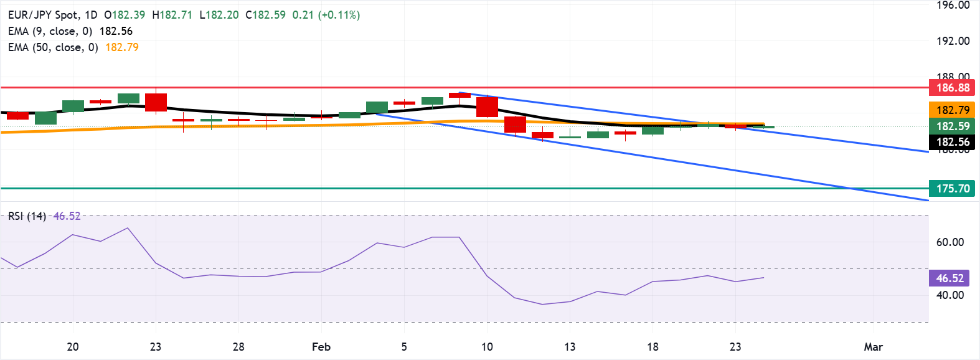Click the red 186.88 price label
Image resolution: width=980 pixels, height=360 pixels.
[x=952, y=88]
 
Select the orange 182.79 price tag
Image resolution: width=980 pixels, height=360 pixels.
[x=952, y=110]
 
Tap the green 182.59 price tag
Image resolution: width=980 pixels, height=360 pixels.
[x=952, y=126]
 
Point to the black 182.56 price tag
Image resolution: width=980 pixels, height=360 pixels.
[x=952, y=142]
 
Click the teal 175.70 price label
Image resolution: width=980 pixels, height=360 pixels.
[x=952, y=189]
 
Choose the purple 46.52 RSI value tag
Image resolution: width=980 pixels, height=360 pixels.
[x=949, y=278]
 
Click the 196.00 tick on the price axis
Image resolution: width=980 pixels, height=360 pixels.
[x=953, y=6]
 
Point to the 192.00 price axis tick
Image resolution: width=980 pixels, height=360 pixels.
[x=953, y=41]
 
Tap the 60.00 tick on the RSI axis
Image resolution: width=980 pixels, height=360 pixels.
[x=949, y=242]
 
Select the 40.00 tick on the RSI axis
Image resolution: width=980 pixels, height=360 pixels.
[x=949, y=295]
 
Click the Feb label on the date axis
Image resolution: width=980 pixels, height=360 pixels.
[x=321, y=347]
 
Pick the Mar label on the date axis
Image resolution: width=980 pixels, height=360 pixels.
[x=873, y=347]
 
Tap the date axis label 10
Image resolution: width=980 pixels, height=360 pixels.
[x=487, y=347]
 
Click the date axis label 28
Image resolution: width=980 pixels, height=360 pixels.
[x=238, y=347]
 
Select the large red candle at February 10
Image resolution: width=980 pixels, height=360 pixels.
[x=487, y=107]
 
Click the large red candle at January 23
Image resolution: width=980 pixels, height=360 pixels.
[x=156, y=102]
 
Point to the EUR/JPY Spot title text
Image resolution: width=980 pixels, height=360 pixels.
[x=44, y=15]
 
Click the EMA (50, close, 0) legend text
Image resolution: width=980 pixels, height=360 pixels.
[x=53, y=47]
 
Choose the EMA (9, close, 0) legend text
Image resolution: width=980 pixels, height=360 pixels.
[x=50, y=31]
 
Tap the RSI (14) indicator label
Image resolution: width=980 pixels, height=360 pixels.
[x=27, y=216]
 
